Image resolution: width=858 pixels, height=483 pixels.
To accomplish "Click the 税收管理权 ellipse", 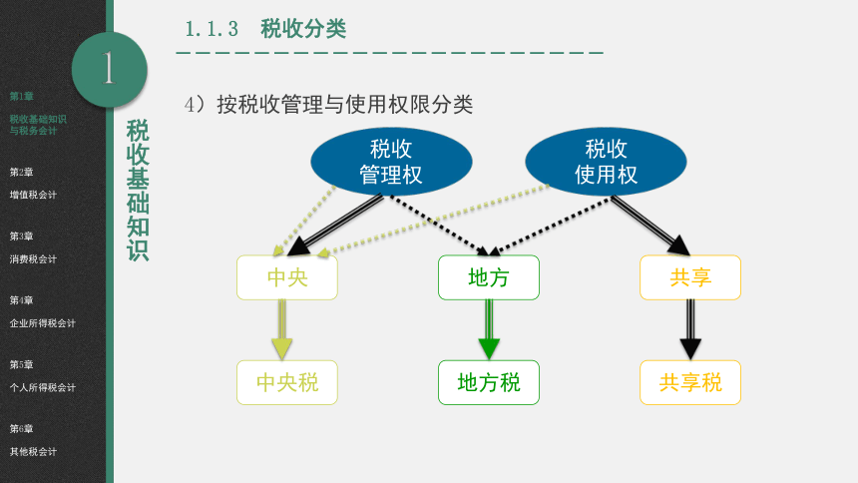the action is click(x=391, y=162).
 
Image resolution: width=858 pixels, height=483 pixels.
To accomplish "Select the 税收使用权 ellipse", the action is click(x=606, y=162).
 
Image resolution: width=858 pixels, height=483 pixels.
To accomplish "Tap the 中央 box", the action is click(x=287, y=277).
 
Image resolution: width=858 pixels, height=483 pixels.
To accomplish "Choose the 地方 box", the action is click(x=489, y=277).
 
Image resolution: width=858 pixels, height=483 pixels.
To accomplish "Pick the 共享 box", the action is click(x=690, y=277).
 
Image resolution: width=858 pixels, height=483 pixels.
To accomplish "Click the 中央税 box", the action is click(x=287, y=383).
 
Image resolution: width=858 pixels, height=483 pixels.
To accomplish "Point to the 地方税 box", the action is click(x=489, y=383).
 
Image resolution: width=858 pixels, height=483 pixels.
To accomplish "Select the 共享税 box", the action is click(x=690, y=383).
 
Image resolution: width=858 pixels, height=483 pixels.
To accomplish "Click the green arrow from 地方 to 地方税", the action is click(x=489, y=329).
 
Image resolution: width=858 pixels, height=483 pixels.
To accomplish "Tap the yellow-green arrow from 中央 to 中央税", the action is click(x=281, y=329).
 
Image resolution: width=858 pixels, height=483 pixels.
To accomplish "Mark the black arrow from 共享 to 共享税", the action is click(x=690, y=329).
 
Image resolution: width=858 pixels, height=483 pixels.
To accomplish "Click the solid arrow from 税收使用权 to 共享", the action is click(x=650, y=226).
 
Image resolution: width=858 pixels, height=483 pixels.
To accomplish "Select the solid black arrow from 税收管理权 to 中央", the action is click(x=335, y=226).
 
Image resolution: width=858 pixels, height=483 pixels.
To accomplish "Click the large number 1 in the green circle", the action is click(x=109, y=68).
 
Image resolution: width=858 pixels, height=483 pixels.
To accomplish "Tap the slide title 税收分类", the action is click(x=303, y=29).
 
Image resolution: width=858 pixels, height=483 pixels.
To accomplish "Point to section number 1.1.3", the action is click(x=212, y=29).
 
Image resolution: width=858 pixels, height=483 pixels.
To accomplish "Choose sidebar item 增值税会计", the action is click(x=33, y=195).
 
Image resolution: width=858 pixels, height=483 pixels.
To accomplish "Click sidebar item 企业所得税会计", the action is click(x=42, y=323).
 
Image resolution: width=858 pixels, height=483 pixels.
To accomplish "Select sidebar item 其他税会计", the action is click(x=33, y=452).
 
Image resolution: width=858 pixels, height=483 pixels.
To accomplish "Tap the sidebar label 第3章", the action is click(x=21, y=237).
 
